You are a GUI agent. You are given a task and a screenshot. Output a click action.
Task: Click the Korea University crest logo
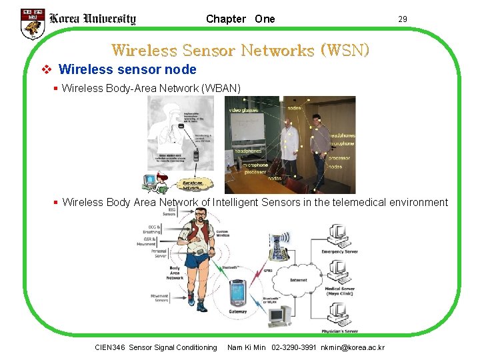coord(33,23)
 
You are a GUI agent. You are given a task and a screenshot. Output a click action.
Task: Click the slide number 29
coord(402,19)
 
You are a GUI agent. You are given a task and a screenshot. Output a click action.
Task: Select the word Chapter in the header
coord(226,19)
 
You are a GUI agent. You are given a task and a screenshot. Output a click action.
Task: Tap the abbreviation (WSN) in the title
coord(344,50)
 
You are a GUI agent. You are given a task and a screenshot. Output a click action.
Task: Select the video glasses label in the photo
coord(243,109)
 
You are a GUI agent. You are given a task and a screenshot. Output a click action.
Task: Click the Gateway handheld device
coord(237,293)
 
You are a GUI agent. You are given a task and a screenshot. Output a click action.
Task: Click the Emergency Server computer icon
coord(339,235)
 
